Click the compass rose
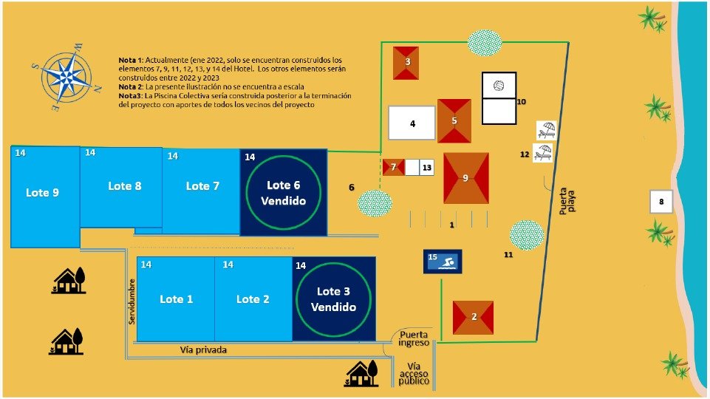pos(66,78)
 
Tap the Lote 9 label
pos(43,192)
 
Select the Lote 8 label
pos(125,186)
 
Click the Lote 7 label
pos(202,186)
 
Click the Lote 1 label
pos(176,299)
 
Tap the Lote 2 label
pos(253,299)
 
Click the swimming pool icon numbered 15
pos(443,262)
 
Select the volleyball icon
pos(499,86)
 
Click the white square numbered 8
pos(661,202)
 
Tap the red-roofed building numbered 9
pos(466,178)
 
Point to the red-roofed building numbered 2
pos(473,318)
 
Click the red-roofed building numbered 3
pos(406,63)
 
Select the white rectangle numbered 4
pos(412,123)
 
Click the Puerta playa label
pos(567,201)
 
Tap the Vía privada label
pos(203,349)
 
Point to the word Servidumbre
pos(132,301)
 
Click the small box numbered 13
pos(426,168)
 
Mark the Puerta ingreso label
pos(414,338)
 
